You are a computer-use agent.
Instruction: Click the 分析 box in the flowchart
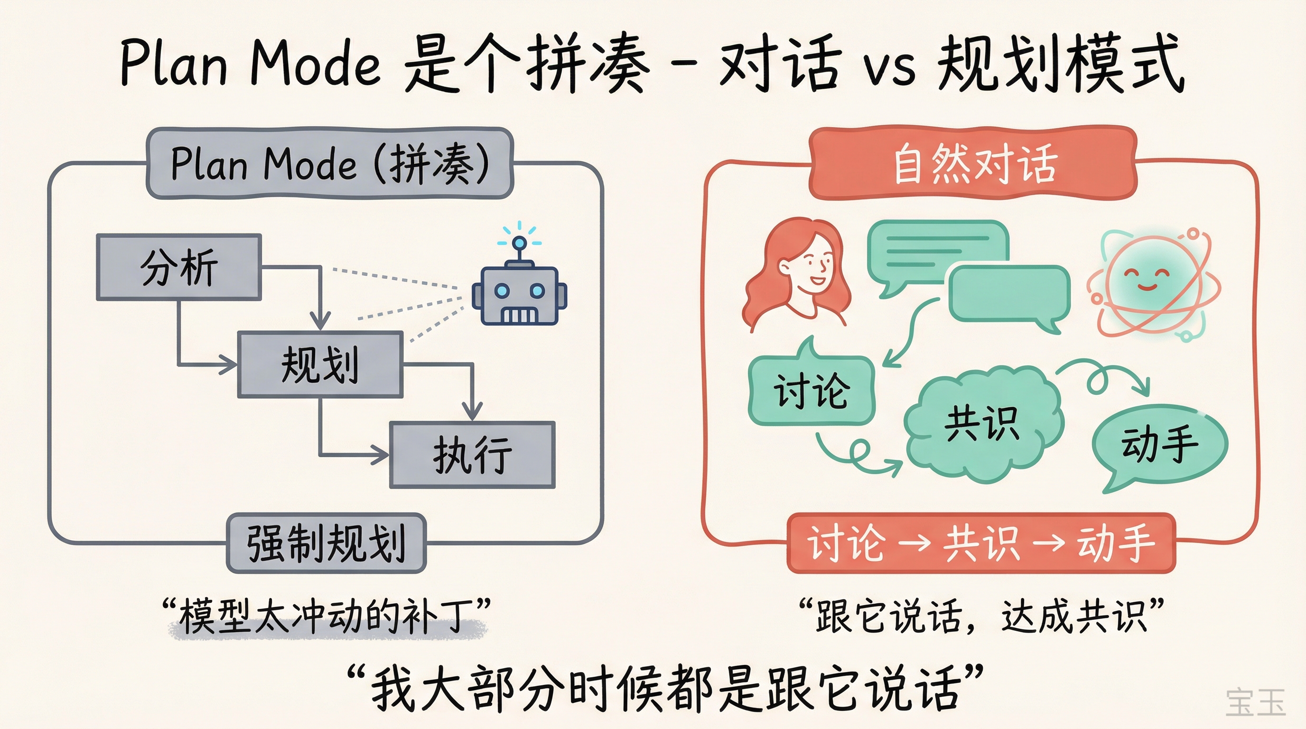point(178,267)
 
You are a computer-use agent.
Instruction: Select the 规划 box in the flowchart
point(320,364)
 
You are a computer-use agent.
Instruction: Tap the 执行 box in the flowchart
point(472,455)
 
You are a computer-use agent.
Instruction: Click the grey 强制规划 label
point(326,543)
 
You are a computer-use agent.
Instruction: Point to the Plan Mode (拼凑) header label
point(329,163)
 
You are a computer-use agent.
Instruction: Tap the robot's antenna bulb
point(519,243)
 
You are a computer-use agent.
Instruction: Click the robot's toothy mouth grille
point(518,315)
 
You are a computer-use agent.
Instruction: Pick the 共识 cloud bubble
point(982,425)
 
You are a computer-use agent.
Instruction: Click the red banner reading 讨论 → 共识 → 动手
point(981,543)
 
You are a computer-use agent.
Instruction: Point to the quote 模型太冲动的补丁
point(327,617)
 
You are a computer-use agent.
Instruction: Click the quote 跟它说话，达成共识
point(981,617)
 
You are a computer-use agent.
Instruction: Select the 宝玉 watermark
point(1255,702)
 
